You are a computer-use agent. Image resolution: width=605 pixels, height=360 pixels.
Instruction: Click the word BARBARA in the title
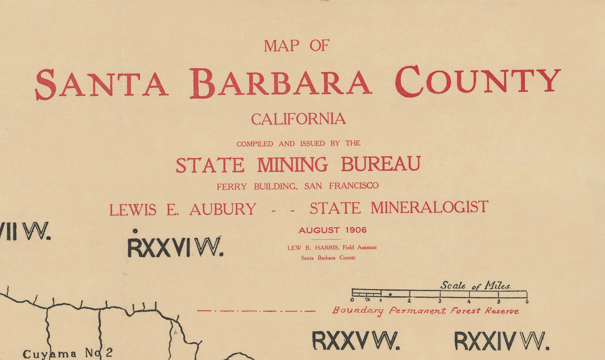click(281, 83)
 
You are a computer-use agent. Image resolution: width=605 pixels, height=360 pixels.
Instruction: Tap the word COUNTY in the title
click(478, 81)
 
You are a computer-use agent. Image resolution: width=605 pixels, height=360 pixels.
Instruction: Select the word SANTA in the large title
click(101, 84)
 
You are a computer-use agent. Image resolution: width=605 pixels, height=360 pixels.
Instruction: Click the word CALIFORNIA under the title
click(299, 119)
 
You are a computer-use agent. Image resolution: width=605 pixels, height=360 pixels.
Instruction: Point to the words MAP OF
click(297, 46)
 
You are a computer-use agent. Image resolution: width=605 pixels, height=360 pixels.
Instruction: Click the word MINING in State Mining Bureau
click(293, 165)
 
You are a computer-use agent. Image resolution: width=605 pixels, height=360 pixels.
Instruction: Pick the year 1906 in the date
click(355, 230)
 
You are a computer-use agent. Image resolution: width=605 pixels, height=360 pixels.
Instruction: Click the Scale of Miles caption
click(475, 285)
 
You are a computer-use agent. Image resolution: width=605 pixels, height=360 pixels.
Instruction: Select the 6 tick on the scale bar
click(527, 301)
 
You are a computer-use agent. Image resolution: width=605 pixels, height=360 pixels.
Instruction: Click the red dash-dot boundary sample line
click(256, 311)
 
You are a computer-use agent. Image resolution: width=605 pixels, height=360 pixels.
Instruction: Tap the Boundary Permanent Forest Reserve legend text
click(426, 311)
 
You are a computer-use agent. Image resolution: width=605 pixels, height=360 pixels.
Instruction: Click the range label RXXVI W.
click(174, 247)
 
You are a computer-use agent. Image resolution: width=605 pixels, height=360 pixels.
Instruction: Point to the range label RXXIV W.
click(502, 341)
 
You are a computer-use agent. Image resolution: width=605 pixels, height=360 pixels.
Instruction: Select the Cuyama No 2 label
click(68, 353)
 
